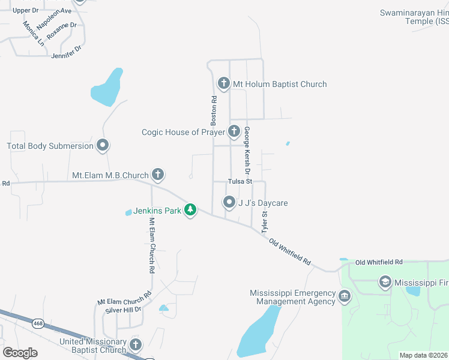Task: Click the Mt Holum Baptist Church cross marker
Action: click(x=224, y=83)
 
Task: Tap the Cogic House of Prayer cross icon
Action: click(x=234, y=131)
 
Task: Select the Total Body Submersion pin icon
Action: click(x=103, y=145)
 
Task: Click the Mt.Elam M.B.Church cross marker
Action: click(x=158, y=175)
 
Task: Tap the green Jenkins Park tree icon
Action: click(x=190, y=210)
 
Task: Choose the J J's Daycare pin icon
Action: click(x=229, y=203)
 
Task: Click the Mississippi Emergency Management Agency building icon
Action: click(x=345, y=296)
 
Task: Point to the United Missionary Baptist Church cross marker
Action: click(x=136, y=346)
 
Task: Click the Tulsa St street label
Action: click(x=239, y=181)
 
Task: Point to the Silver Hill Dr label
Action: click(x=122, y=309)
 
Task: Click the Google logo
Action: click(x=20, y=352)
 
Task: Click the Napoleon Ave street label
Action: click(x=53, y=19)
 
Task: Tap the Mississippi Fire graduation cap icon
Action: click(x=385, y=281)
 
